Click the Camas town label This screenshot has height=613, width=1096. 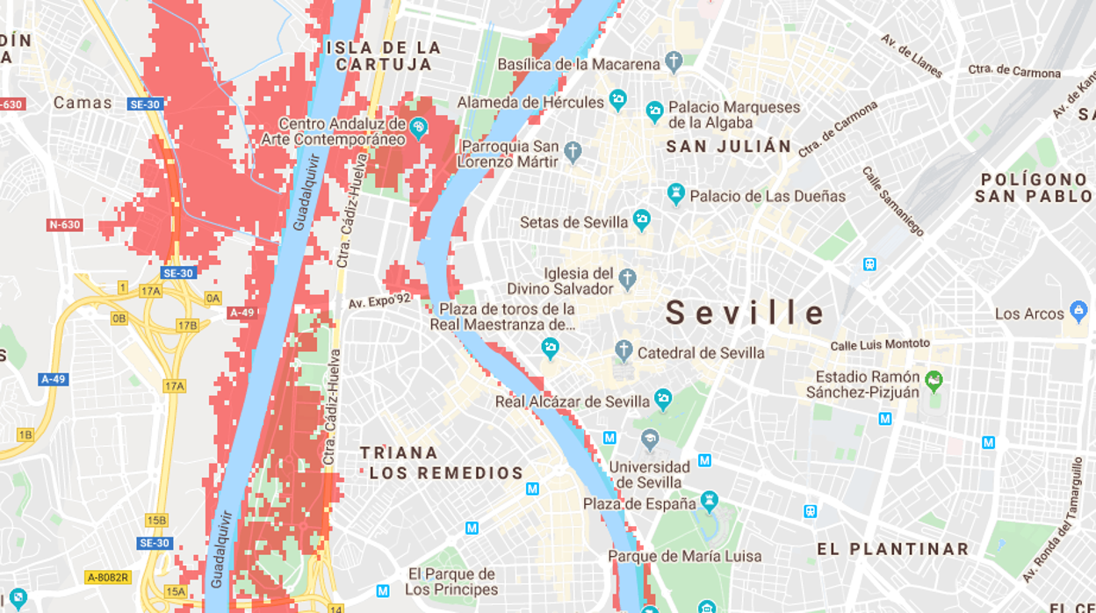click(83, 103)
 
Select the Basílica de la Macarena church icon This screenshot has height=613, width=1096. click(674, 62)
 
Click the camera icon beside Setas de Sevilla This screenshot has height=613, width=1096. click(642, 220)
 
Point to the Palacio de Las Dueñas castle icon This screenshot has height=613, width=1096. click(675, 194)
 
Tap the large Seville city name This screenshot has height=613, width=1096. click(746, 313)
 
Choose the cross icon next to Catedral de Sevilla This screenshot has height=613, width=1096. click(624, 351)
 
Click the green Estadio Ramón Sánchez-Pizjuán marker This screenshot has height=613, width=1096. click(934, 381)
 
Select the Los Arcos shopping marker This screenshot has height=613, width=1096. click(1078, 312)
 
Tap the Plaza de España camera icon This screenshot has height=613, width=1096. click(710, 503)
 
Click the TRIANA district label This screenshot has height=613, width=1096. click(399, 453)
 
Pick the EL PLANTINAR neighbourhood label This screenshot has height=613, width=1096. click(893, 550)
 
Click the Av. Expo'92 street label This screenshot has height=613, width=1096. click(379, 302)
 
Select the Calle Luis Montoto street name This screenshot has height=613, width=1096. click(879, 345)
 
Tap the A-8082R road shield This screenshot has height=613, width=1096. click(108, 577)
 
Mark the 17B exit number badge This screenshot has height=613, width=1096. click(187, 325)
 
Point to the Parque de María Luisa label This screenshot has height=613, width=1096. click(685, 556)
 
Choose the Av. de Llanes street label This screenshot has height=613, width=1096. click(912, 55)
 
